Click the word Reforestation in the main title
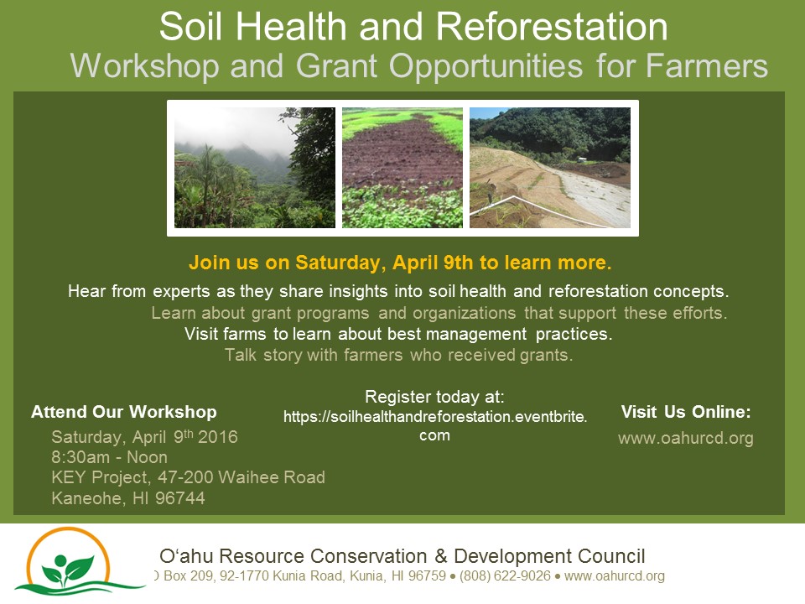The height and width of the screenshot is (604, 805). point(552,26)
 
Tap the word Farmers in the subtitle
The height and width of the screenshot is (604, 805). point(707,65)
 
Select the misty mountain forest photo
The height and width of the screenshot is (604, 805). point(255,168)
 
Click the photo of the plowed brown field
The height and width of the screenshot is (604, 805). point(402,168)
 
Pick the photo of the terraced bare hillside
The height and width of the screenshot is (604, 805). point(550,168)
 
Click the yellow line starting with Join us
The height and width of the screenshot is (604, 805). point(400,263)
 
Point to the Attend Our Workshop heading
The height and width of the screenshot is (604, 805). point(124,412)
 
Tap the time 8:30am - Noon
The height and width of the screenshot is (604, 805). point(109,457)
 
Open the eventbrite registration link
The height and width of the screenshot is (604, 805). point(435,425)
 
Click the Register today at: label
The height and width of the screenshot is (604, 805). point(434,397)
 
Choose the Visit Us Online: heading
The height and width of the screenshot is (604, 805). point(686,412)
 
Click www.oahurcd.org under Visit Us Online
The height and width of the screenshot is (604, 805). point(686,438)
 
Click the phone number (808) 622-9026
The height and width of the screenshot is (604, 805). point(505,575)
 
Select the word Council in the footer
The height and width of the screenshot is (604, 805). point(611,556)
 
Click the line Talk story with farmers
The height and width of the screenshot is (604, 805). point(399,355)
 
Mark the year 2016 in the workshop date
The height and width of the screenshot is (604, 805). point(218,437)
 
